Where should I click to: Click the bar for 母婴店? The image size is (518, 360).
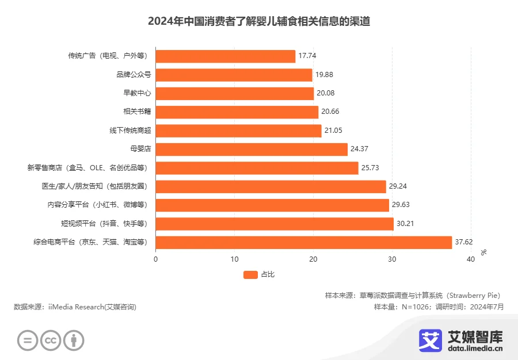252,150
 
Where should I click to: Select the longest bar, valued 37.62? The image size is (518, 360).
303,243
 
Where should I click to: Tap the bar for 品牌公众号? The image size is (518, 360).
234,75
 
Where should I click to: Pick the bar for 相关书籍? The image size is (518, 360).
237,112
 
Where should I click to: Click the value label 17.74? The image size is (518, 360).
308,56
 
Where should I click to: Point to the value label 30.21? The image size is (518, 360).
406,224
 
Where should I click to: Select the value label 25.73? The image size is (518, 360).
371,168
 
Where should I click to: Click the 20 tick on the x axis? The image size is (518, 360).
313,259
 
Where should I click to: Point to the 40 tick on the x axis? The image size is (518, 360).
470,259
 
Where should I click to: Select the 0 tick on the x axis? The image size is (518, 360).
156,259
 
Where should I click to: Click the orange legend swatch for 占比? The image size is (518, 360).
250,274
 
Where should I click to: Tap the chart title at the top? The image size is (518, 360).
259,22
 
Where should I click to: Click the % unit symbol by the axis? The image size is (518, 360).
483,252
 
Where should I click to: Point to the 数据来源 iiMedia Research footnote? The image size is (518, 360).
75,307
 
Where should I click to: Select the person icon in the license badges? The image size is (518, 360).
74,340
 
